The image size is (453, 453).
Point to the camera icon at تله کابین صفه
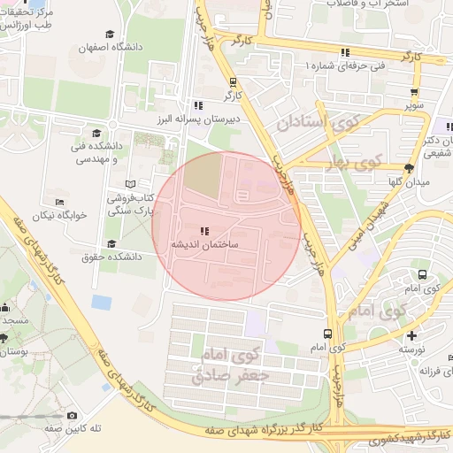pyautogui.click(x=72, y=415)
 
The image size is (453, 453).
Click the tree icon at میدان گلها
pyautogui.click(x=408, y=167)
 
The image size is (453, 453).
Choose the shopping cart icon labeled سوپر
pyautogui.click(x=414, y=92)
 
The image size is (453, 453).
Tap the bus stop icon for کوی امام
pyautogui.click(x=328, y=334)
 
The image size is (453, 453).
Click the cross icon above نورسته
pyautogui.click(x=411, y=335)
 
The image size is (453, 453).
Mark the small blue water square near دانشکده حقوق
pyautogui.click(x=102, y=302)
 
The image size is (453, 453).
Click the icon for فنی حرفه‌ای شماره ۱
pyautogui.click(x=345, y=52)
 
